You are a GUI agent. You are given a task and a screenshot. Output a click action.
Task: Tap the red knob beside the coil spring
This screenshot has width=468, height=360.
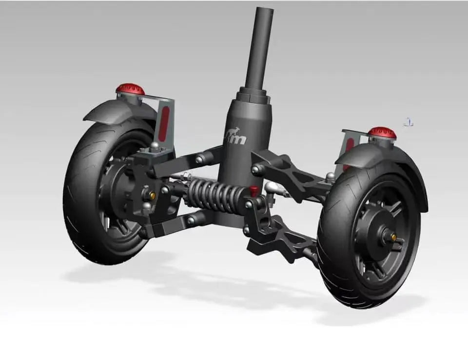253,189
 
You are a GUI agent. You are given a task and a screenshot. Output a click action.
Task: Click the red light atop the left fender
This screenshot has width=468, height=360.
130,89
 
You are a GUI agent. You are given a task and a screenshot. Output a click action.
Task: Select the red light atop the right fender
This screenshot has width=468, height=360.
382,132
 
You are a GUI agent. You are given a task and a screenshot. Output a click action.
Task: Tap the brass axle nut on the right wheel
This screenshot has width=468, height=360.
392,239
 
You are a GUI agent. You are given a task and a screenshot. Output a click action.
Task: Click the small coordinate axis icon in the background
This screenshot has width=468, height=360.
409,122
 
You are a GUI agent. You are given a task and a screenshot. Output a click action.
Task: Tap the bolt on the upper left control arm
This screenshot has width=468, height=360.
199,159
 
